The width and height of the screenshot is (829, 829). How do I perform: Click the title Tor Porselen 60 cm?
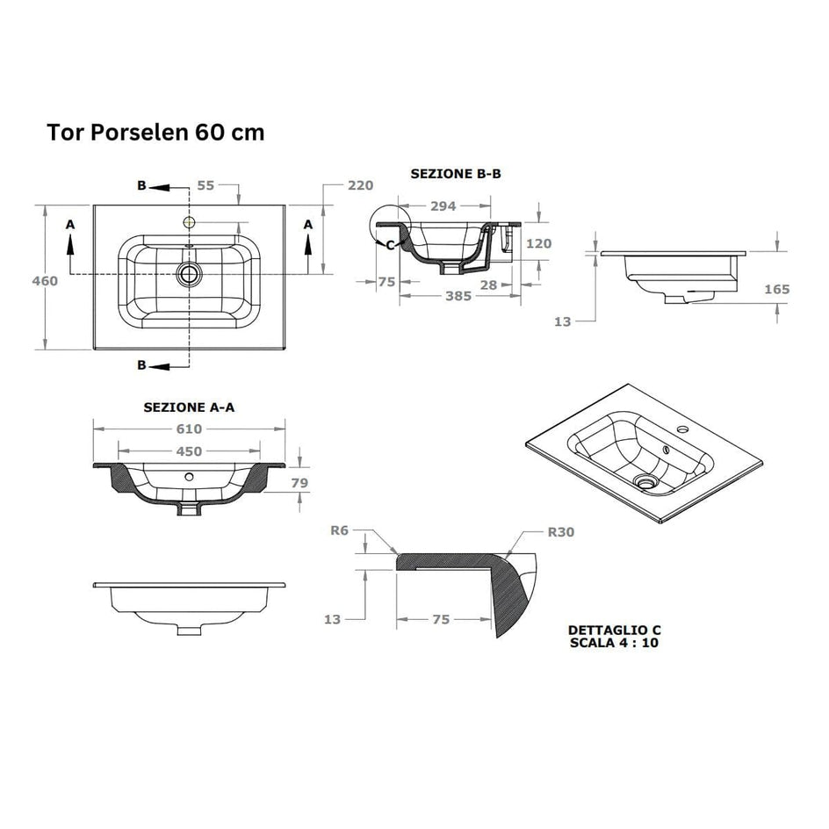[155, 133]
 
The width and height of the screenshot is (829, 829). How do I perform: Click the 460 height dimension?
[45, 281]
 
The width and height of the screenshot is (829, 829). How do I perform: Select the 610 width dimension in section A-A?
[189, 429]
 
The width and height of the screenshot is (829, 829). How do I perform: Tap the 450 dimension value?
[189, 451]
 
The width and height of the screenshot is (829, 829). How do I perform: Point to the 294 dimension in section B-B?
[443, 206]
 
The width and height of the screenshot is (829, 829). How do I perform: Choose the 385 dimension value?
[458, 296]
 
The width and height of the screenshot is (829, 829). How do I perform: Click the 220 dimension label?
[361, 185]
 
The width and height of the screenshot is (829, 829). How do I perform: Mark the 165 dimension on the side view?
[776, 289]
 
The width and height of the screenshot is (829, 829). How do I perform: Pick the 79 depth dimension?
[299, 483]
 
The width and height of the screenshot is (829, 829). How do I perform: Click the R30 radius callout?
[561, 532]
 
